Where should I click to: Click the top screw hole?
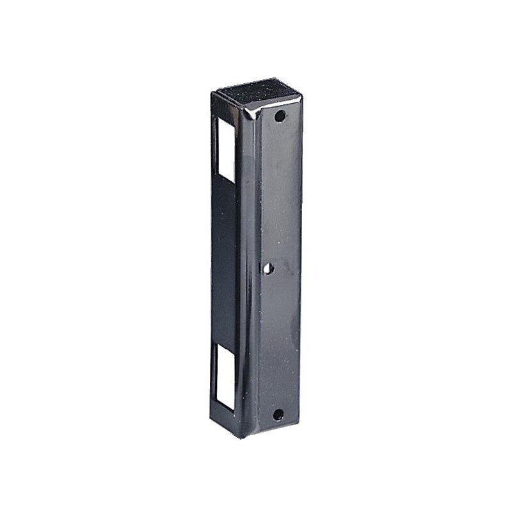click(280, 118)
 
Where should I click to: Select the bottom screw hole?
click(278, 415)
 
